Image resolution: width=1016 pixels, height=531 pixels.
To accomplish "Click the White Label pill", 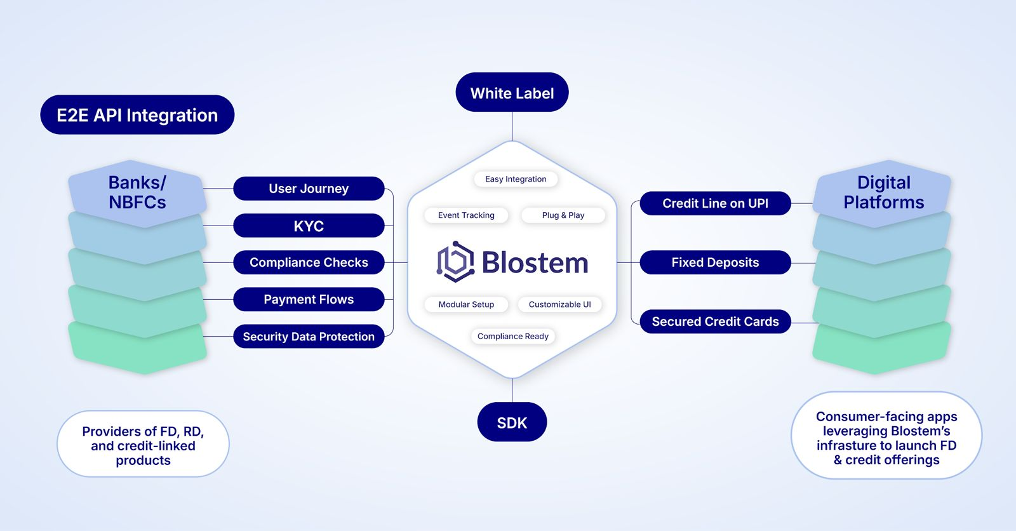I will click(x=512, y=93).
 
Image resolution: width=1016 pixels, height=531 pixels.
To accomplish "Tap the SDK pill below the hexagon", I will click(x=512, y=422).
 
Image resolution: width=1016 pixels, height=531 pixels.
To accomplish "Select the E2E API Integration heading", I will click(x=137, y=115).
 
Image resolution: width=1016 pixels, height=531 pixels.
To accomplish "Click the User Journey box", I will click(x=309, y=189).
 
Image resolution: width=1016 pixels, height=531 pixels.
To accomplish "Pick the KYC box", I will click(x=309, y=225).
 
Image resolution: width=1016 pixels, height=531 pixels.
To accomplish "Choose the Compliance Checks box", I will click(x=309, y=262).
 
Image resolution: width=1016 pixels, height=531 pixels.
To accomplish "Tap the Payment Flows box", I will click(x=309, y=299).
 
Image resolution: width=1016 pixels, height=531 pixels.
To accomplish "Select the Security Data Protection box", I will click(x=309, y=337).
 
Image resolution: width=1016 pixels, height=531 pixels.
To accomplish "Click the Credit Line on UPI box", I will click(x=715, y=203).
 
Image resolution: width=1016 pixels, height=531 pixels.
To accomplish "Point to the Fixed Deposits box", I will click(x=715, y=262).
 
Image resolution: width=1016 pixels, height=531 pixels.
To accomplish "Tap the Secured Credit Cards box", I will click(x=715, y=321).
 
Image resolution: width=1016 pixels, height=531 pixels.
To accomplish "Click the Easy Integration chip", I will click(x=516, y=179).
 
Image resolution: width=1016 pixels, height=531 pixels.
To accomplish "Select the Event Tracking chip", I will click(x=466, y=215).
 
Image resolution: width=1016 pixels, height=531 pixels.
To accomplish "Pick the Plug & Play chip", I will click(x=563, y=215).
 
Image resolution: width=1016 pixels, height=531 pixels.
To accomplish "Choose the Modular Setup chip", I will click(x=466, y=304).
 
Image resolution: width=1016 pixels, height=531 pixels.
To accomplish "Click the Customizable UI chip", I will click(x=559, y=304).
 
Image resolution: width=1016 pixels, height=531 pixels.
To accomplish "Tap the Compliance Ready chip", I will click(x=512, y=336).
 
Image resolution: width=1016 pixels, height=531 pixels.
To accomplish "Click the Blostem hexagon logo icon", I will click(x=455, y=262).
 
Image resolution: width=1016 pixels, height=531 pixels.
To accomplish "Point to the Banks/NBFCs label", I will click(x=137, y=192).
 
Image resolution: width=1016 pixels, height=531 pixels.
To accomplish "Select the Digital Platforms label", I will click(x=883, y=192).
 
